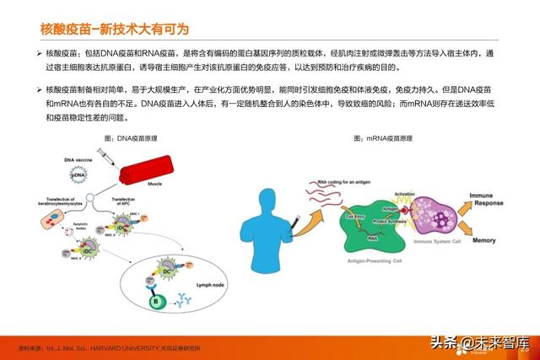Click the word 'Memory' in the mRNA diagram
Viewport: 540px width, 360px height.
pos(484,240)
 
